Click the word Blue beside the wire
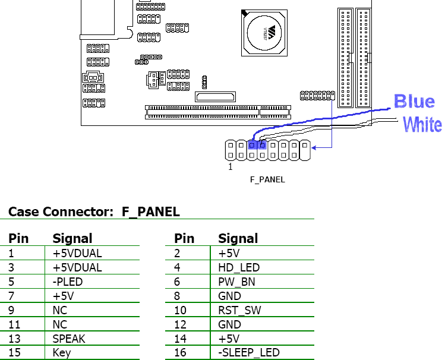415,102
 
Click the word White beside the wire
422,125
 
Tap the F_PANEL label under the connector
267,179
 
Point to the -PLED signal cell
68,282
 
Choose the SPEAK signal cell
69,339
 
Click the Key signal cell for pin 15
62,353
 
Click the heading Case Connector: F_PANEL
94,211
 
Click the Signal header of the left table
72,239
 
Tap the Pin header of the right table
184,239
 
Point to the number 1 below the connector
231,167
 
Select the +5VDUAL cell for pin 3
77,268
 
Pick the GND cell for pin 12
230,324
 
